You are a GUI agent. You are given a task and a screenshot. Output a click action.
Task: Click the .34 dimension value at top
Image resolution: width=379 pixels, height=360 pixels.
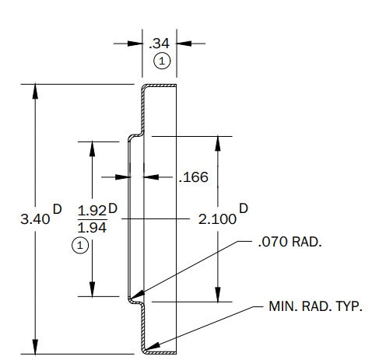pos(160,44)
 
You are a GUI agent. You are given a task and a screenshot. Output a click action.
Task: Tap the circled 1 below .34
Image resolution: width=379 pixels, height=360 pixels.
pos(162,61)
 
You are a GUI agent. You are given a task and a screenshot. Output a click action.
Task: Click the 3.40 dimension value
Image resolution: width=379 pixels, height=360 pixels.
pos(35,219)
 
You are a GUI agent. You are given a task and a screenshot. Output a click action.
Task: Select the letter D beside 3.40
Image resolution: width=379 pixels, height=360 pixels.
pos(58,209)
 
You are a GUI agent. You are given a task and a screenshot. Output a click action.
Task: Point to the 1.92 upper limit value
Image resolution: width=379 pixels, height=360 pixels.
pos(92,211)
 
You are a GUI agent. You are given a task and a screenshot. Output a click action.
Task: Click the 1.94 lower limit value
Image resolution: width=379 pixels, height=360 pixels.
pos(92,228)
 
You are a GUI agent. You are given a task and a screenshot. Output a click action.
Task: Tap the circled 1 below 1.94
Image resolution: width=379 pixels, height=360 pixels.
pos(80,245)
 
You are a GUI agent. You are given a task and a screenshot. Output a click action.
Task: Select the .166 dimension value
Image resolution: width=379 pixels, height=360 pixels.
pos(194,177)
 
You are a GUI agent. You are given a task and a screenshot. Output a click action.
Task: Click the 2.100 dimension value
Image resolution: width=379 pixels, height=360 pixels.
pos(217,219)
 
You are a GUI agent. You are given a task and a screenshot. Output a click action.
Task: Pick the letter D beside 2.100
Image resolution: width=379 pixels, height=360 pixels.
pos(244,208)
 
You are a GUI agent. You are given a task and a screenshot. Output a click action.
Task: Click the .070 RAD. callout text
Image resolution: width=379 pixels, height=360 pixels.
pos(290,242)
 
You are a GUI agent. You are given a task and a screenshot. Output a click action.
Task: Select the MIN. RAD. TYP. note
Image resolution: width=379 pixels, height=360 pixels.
pos(315,306)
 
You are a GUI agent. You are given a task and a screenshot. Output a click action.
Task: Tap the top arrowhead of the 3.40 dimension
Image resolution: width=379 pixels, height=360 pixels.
pos(35,91)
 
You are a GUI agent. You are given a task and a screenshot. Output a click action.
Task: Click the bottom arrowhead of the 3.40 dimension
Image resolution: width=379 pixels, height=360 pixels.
pos(35,347)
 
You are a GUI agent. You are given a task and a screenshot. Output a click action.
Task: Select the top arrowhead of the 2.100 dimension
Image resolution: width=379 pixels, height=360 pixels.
pos(218,143)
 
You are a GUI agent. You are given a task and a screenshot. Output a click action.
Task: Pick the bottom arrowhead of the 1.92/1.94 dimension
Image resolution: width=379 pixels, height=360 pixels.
pos(93,289)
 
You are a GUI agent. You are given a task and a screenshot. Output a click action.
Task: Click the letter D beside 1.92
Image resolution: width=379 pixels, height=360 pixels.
pos(113,208)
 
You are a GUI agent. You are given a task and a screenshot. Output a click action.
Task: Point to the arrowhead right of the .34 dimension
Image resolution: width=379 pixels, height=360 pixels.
pos(184,44)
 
